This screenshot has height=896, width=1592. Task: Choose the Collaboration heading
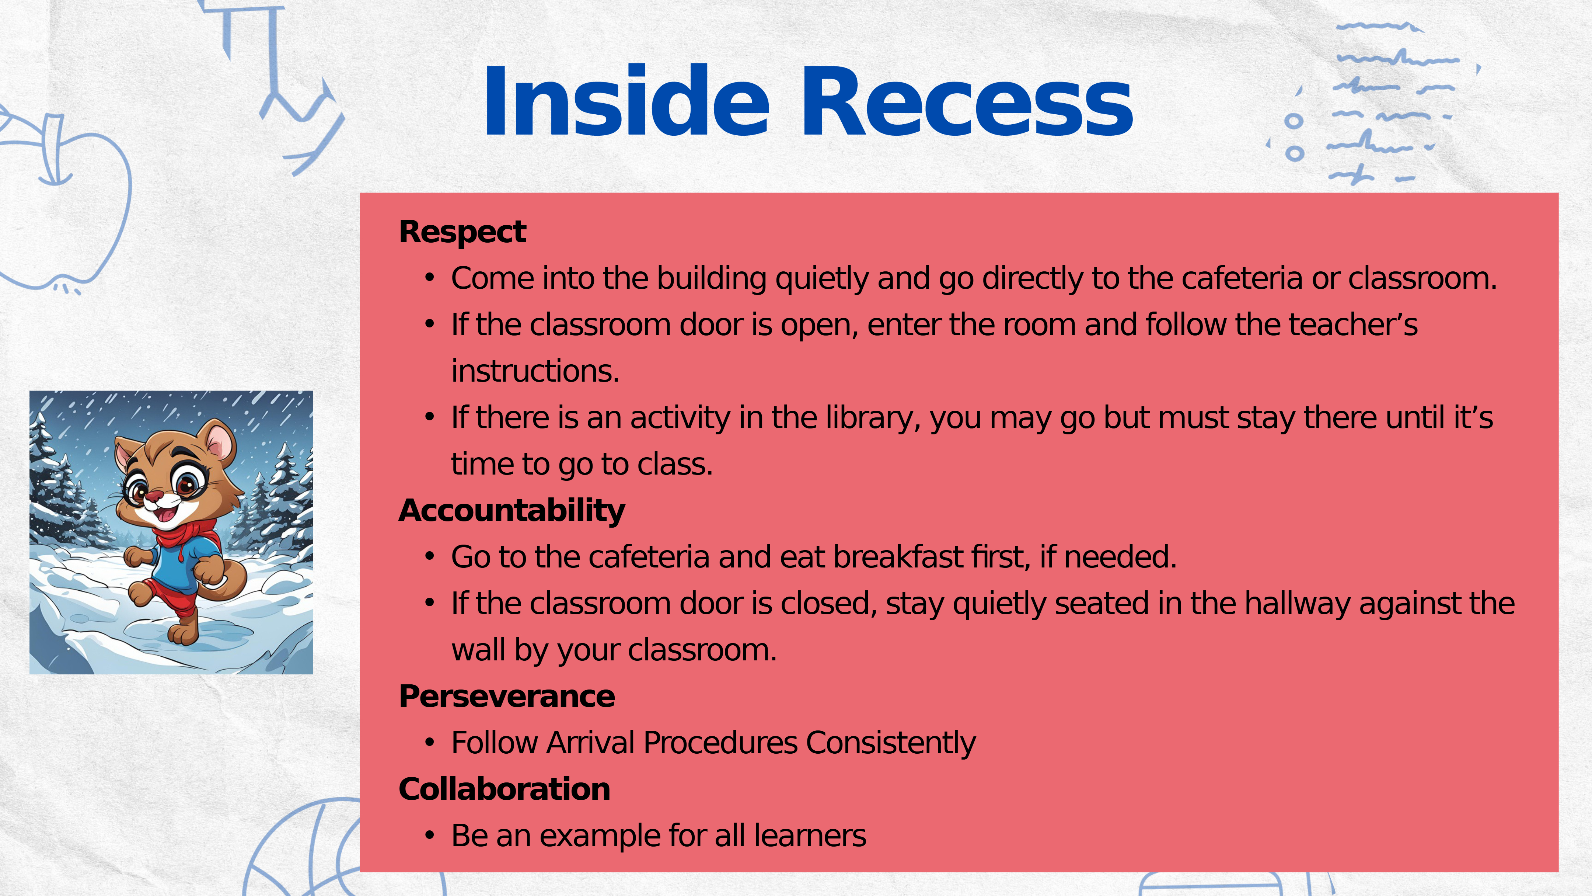(504, 789)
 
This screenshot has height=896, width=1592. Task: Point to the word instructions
(535, 372)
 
